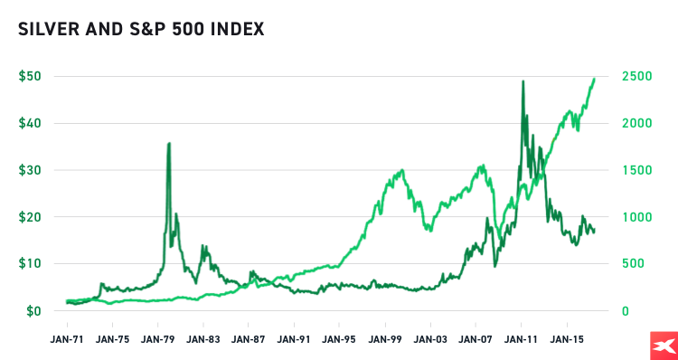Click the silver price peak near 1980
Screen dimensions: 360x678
(169, 143)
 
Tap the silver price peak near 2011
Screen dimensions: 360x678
(523, 81)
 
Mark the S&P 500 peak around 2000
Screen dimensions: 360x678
(400, 170)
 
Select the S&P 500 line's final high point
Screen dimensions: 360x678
(595, 78)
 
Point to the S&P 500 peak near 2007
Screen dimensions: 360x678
(484, 166)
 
